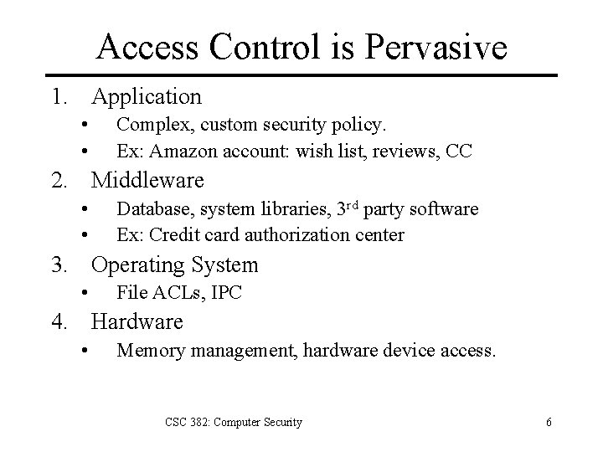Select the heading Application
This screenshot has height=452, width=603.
147,97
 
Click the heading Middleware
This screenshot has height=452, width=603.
147,180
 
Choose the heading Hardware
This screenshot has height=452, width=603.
137,321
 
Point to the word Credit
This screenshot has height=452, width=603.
173,235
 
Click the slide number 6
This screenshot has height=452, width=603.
549,423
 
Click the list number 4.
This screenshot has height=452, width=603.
58,321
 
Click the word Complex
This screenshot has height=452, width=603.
151,126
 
